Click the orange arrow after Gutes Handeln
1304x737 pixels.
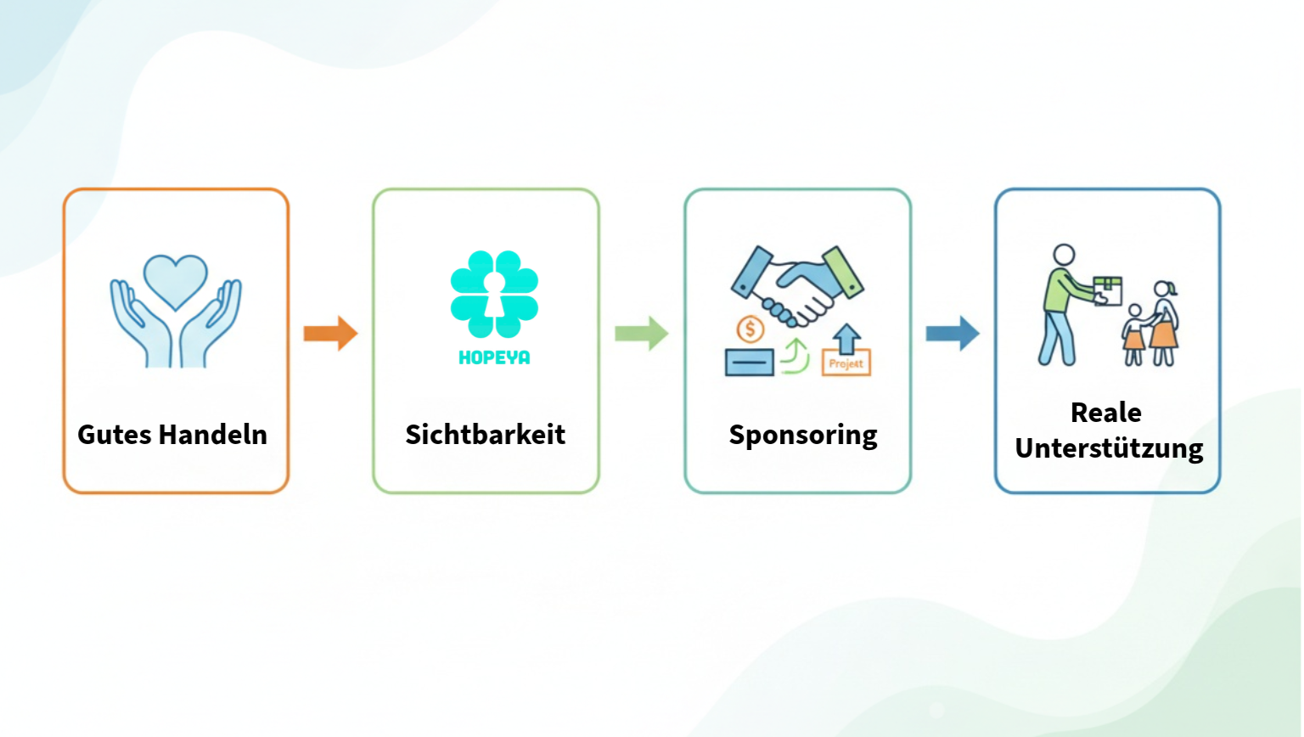[330, 333]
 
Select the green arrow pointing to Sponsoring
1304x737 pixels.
[642, 333]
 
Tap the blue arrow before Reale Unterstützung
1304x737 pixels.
[953, 333]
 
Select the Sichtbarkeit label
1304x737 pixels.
[486, 435]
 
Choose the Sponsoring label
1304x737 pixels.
[803, 436]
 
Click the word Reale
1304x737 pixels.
[1105, 413]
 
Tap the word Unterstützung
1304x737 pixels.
[1109, 448]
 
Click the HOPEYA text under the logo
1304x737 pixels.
[494, 358]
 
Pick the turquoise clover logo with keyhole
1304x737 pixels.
[494, 294]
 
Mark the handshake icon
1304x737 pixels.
[797, 284]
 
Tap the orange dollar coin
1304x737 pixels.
[750, 329]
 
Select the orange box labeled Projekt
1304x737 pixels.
[846, 363]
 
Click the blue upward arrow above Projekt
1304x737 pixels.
[846, 338]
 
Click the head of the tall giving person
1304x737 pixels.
[1064, 255]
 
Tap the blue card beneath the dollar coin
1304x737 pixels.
[749, 363]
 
